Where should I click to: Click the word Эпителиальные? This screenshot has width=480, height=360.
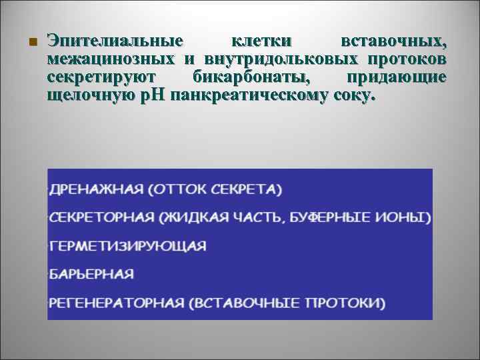[114, 42]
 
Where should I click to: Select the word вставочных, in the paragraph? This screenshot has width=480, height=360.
[393, 42]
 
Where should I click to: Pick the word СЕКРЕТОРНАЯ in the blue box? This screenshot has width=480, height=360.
[101, 217]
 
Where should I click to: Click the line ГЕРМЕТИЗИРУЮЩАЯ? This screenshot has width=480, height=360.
[127, 245]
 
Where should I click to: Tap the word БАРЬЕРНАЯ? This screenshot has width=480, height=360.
[91, 274]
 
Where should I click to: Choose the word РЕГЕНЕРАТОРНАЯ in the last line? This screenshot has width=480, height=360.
[116, 303]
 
